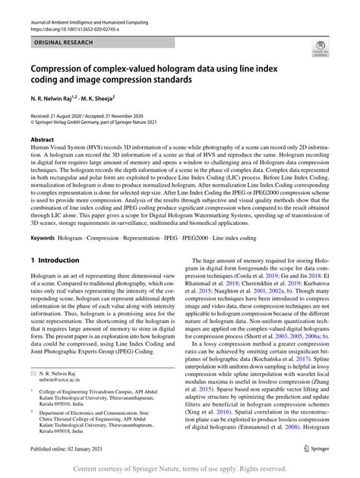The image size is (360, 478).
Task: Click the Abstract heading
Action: coord(42,141)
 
